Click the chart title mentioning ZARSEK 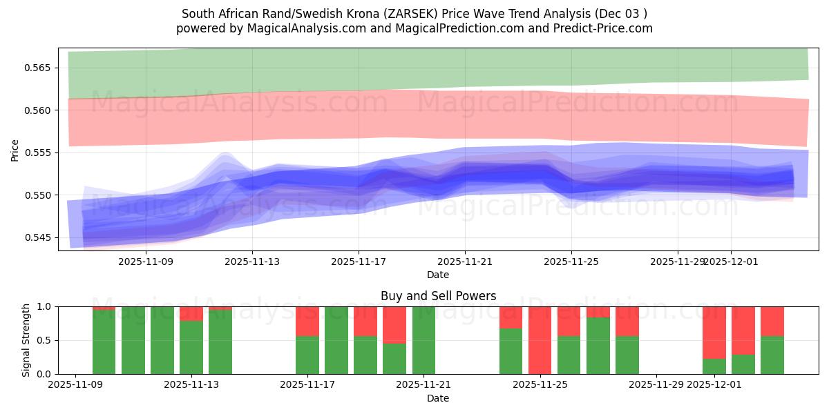pos(414,14)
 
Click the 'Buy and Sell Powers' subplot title pos(438,296)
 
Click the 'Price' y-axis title pos(15,150)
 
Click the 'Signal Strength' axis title pos(26,340)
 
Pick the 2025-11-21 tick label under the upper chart pos(465,262)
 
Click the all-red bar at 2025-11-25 pos(540,340)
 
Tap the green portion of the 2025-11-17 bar pos(307,355)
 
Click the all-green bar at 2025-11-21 pos(423,340)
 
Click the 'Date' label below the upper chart pos(438,275)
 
